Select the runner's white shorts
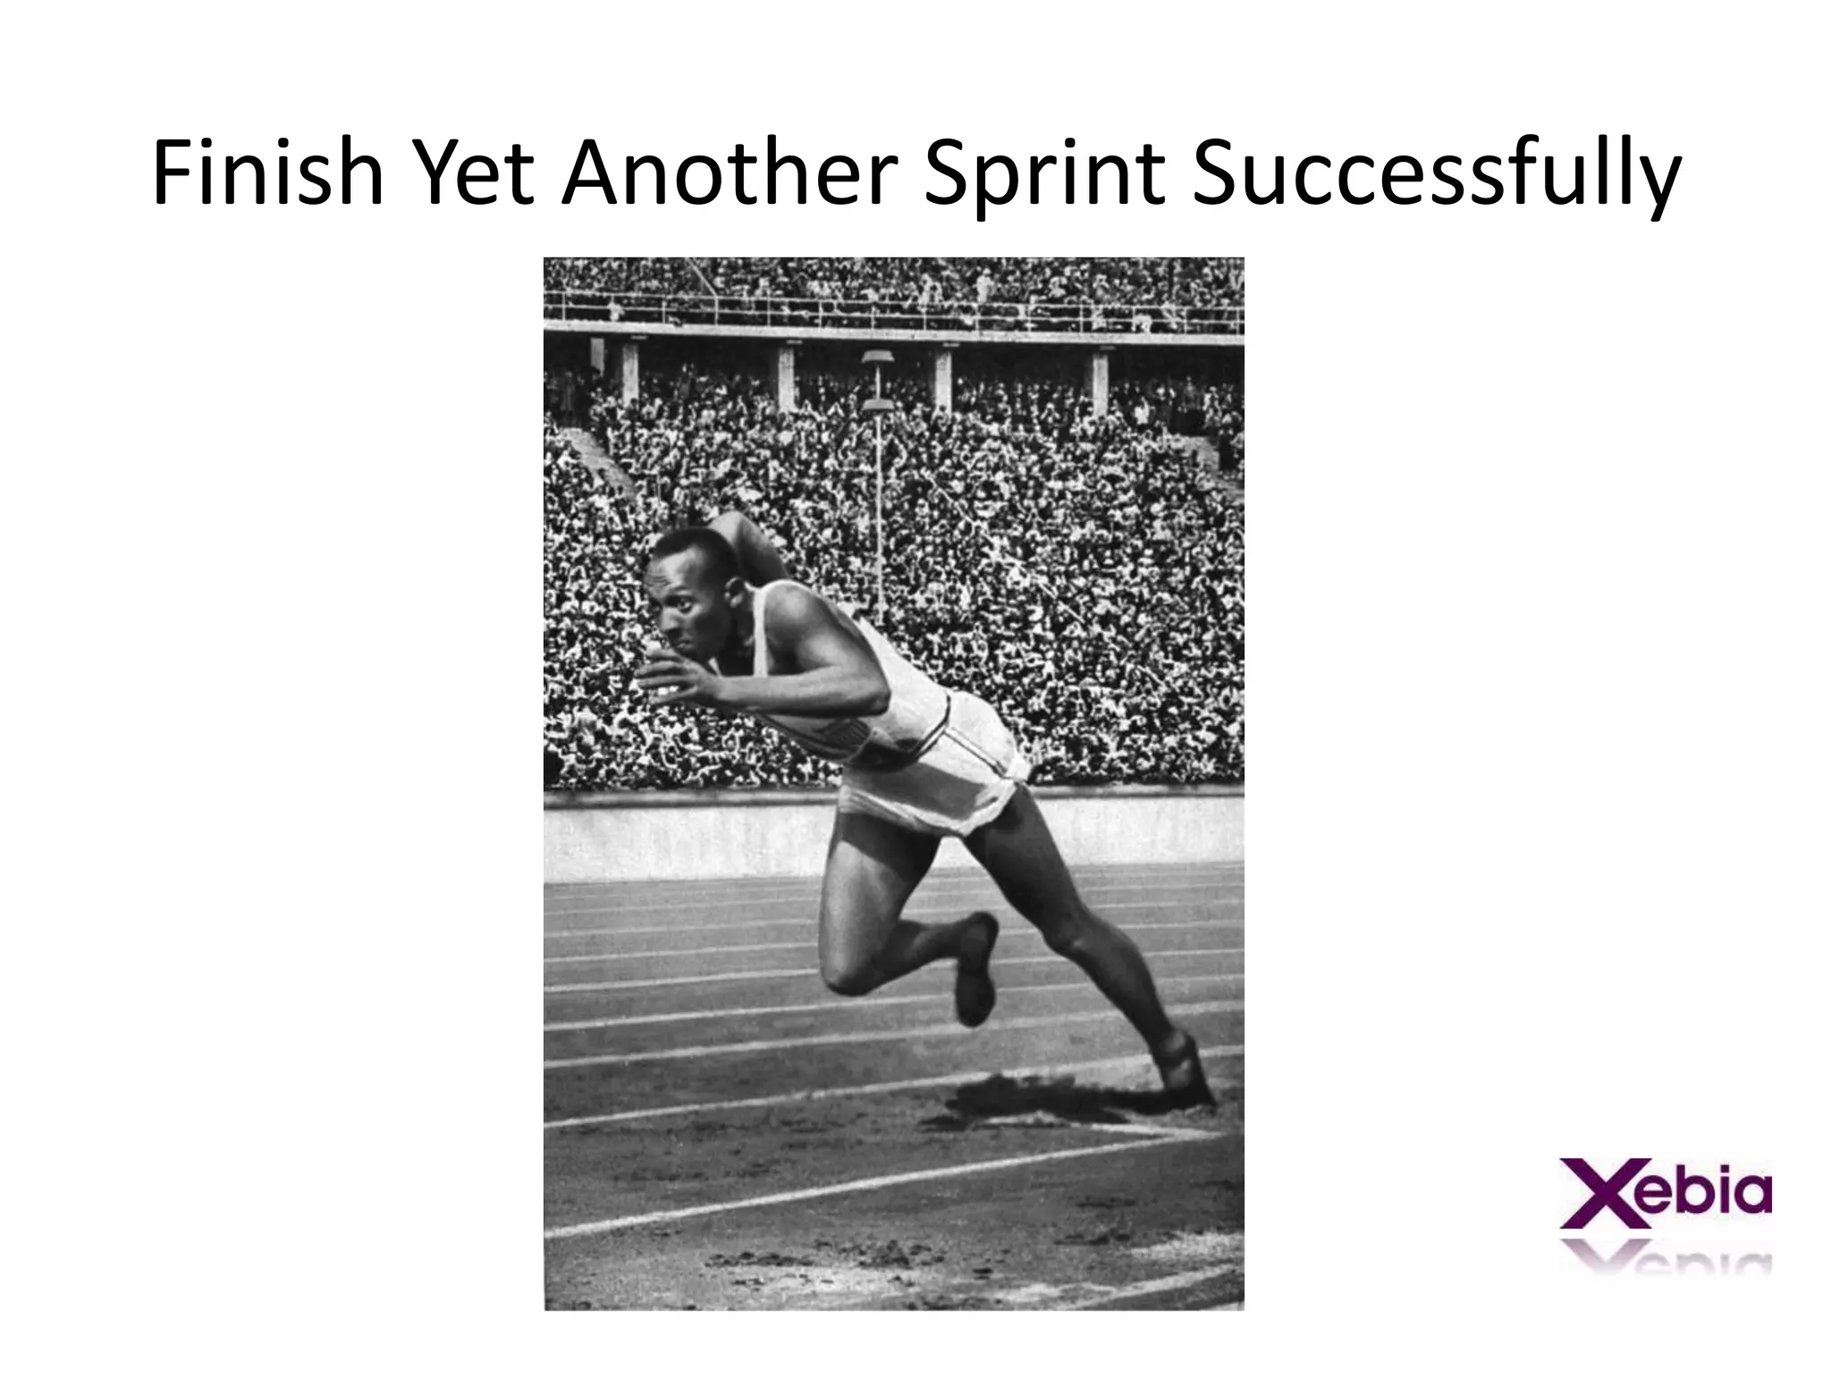(930, 769)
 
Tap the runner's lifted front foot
(975, 970)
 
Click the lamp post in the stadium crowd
(877, 518)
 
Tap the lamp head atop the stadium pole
(876, 359)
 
